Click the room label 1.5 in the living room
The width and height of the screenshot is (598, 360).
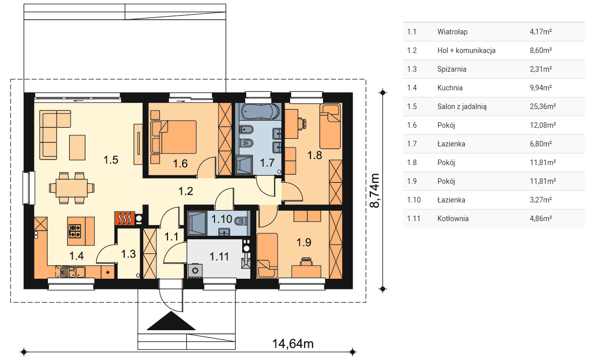(x=111, y=160)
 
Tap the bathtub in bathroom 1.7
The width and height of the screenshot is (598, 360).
(x=260, y=112)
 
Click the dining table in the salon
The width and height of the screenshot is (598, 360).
(x=72, y=188)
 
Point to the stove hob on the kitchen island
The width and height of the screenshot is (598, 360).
(x=75, y=231)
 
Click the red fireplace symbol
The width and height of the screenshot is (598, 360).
(x=124, y=219)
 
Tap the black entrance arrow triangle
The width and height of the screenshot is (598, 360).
(x=171, y=321)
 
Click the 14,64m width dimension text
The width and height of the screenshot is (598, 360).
(x=293, y=344)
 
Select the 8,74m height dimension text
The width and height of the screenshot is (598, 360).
(x=375, y=190)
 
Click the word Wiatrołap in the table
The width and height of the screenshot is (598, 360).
(x=452, y=32)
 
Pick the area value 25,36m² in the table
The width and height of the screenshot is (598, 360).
(x=542, y=107)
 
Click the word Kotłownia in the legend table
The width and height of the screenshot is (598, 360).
(x=453, y=219)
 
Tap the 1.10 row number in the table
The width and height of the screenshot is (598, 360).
(x=414, y=200)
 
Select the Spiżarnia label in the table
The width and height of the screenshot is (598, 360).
(x=452, y=70)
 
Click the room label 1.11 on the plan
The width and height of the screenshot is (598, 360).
(x=220, y=256)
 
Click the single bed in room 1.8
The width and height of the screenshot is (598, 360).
(x=330, y=126)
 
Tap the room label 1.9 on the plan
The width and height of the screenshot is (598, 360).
(x=304, y=242)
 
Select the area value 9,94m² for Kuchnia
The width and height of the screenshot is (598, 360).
(x=541, y=88)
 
